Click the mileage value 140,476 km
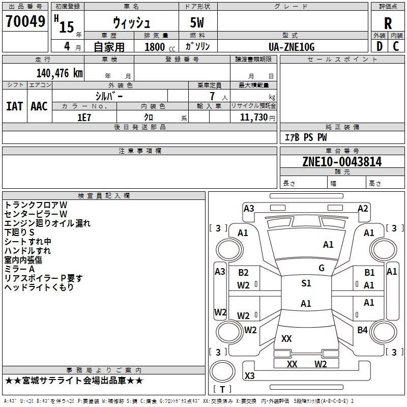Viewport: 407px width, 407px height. click(x=60, y=73)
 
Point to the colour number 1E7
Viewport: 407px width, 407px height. click(x=84, y=117)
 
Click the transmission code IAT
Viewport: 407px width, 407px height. click(x=14, y=106)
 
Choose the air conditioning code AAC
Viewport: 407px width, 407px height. click(x=39, y=106)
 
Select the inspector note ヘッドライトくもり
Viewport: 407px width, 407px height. click(x=39, y=287)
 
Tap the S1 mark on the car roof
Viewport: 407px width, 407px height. click(x=306, y=283)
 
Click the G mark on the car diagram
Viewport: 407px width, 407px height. click(x=322, y=268)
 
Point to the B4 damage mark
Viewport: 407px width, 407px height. click(x=362, y=330)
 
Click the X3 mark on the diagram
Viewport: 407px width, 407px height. click(x=249, y=376)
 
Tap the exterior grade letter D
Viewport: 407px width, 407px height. click(x=379, y=46)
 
